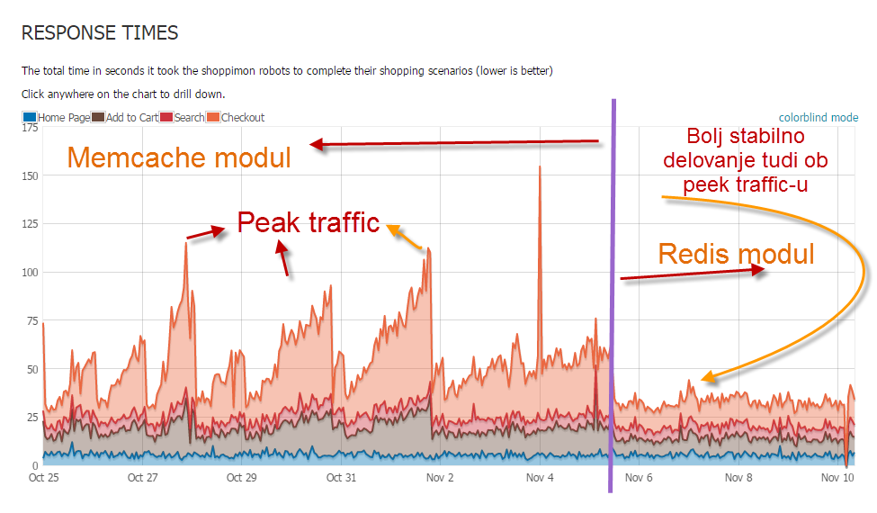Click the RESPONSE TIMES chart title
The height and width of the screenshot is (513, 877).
point(100,33)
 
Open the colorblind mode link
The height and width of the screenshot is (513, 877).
point(818,117)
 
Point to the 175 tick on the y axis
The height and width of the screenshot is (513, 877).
point(29,129)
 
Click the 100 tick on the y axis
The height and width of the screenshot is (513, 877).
point(29,273)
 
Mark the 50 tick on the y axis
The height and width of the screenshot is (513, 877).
point(31,369)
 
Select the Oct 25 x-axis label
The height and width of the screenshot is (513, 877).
point(44,478)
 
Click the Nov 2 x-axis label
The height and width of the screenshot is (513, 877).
point(439,478)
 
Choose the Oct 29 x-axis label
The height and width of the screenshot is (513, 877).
point(241,478)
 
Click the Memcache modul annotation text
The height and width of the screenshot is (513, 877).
point(179,158)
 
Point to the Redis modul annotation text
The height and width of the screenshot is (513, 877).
point(736,254)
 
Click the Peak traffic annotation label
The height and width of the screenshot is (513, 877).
point(309,222)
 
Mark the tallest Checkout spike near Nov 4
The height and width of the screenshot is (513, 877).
point(540,167)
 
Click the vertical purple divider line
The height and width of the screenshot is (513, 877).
point(613,297)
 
